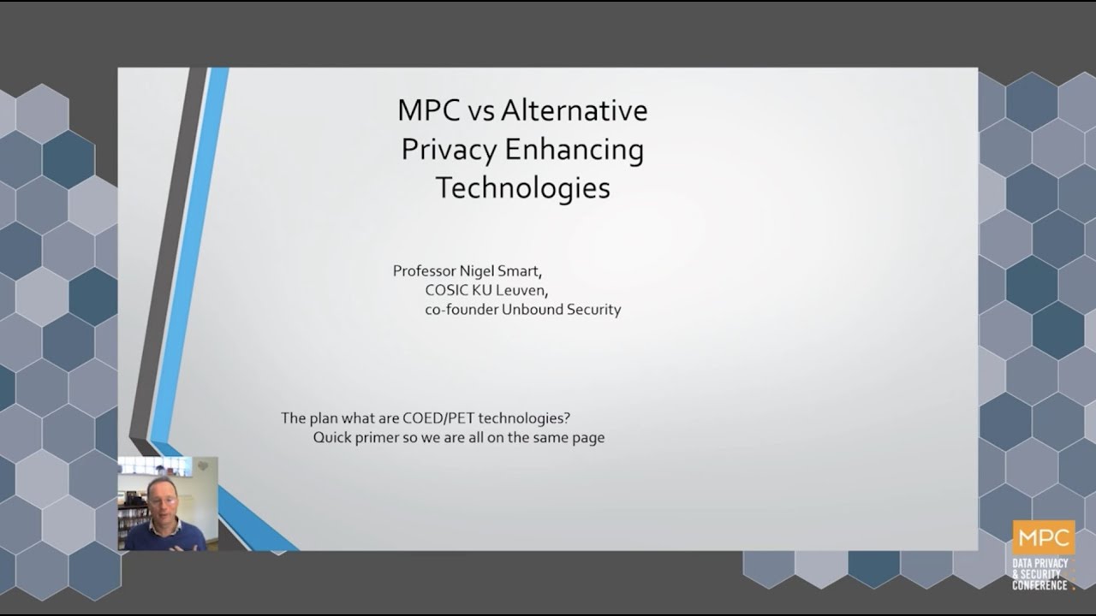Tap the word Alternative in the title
point(574,110)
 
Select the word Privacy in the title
point(449,150)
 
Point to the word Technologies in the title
point(522,187)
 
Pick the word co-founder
point(461,309)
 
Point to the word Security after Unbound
point(593,309)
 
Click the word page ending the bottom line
point(588,438)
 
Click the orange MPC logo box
point(1043,538)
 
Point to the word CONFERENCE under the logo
point(1039,585)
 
